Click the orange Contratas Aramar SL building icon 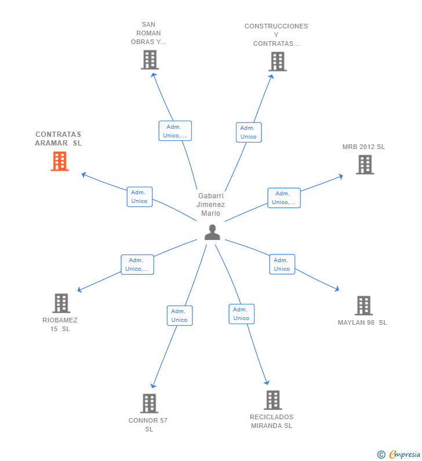[60, 161]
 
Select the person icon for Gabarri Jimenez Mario [212, 232]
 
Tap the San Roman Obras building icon [150, 60]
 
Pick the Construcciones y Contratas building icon [278, 61]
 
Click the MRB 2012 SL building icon [365, 165]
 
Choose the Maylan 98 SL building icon [363, 306]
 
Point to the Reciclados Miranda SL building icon [273, 400]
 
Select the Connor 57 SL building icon [149, 404]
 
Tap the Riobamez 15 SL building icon [61, 303]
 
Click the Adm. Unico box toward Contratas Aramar [139, 197]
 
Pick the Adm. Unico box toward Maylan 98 [282, 264]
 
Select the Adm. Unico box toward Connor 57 [179, 315]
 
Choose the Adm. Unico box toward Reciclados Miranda [241, 314]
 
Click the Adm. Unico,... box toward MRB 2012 [283, 198]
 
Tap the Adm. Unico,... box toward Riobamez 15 [137, 264]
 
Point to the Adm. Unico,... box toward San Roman [174, 131]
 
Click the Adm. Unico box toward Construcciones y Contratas [248, 132]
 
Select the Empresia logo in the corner [399, 454]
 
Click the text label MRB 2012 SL [363, 147]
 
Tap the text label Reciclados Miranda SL [271, 421]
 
